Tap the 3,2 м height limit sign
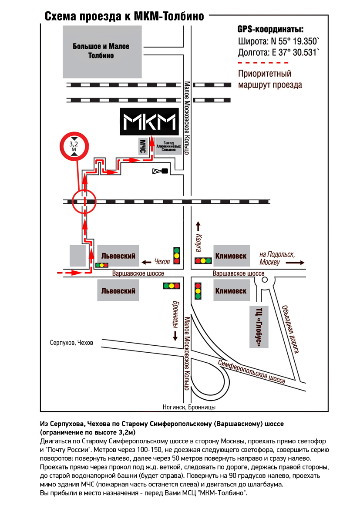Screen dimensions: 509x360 point(74,146)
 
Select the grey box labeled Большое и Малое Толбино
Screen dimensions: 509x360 point(101,51)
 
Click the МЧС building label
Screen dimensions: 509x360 point(142,146)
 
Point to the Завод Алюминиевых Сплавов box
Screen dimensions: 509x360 point(168,146)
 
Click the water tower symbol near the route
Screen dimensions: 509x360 point(160,171)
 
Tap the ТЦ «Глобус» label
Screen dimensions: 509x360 point(259,327)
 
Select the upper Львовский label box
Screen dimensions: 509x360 point(118,256)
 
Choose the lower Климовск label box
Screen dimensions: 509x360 point(231,291)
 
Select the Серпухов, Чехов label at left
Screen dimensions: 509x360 point(72,343)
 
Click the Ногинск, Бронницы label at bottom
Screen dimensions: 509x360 point(189,408)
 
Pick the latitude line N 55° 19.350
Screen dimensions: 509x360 point(279,42)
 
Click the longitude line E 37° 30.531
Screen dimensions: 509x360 point(279,53)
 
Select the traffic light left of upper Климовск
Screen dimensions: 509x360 point(202,260)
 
